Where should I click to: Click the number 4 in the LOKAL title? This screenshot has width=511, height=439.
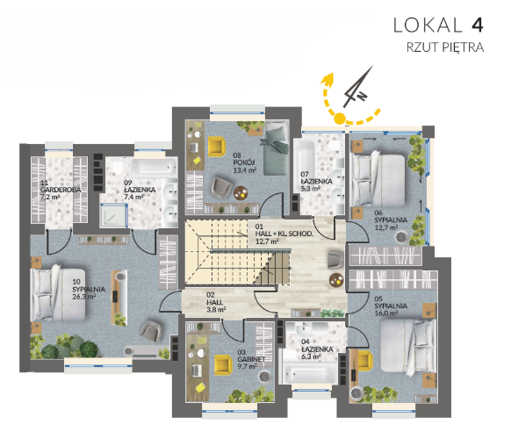(477, 25)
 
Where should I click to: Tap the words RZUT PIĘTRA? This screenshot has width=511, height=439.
(445, 47)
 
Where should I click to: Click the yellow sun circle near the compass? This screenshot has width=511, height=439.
(339, 119)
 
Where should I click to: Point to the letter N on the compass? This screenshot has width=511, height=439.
(362, 96)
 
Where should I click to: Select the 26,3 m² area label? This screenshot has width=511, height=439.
(83, 297)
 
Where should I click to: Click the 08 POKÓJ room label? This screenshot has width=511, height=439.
(244, 159)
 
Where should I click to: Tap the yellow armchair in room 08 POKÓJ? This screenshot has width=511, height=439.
(217, 146)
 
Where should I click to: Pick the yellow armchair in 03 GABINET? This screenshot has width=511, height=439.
(223, 364)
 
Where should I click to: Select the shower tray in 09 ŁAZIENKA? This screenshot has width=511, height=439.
(113, 215)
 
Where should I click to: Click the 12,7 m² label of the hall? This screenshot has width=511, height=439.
(267, 241)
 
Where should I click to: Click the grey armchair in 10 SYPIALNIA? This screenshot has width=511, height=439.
(150, 331)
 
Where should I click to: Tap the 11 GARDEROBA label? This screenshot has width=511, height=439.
(61, 186)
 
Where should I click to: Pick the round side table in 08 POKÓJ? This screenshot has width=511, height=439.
(241, 193)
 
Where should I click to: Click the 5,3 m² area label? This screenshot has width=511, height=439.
(310, 189)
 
